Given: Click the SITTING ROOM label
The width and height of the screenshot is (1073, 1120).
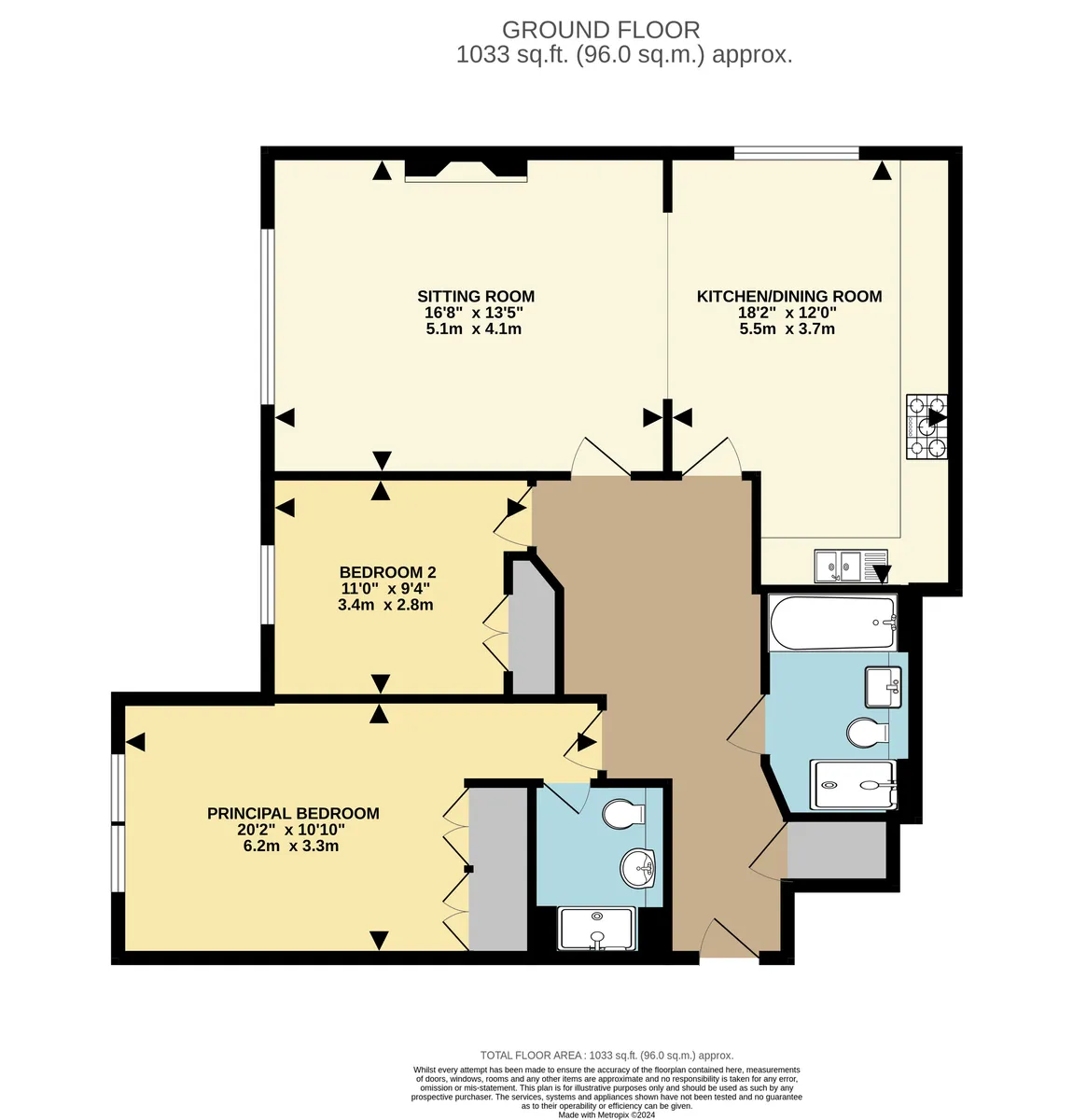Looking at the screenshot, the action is point(475,297).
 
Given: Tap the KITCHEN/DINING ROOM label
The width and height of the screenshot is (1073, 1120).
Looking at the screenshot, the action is point(788,297).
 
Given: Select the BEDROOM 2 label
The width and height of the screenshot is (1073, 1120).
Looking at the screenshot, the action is point(387,572).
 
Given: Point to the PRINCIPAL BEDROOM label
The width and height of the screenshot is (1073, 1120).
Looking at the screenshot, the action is point(293,813).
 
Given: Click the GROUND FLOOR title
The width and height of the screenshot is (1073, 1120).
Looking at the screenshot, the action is point(601,29).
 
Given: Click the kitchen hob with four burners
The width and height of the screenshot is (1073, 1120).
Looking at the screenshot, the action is point(927,427).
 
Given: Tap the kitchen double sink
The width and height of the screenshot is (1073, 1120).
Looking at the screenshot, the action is point(850,567).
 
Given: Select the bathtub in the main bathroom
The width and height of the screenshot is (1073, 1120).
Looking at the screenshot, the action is point(832,623).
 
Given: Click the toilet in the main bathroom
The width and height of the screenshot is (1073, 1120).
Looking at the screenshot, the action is point(867,733).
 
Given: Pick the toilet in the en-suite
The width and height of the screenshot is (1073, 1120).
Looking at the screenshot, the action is point(623,814).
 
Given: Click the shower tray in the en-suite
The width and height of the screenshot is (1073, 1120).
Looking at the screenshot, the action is point(596,928).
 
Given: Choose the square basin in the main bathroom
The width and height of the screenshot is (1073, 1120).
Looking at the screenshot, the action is point(883,687).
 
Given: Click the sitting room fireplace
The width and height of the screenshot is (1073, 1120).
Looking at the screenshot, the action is point(466,171).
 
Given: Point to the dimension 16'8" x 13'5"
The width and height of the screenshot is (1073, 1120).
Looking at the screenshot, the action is point(473,313).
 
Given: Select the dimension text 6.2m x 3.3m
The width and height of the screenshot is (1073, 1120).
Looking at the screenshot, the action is point(290,846).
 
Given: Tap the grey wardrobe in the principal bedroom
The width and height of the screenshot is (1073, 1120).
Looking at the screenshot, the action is point(497,869).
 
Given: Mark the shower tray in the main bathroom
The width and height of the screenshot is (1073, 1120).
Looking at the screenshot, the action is point(853,784).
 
